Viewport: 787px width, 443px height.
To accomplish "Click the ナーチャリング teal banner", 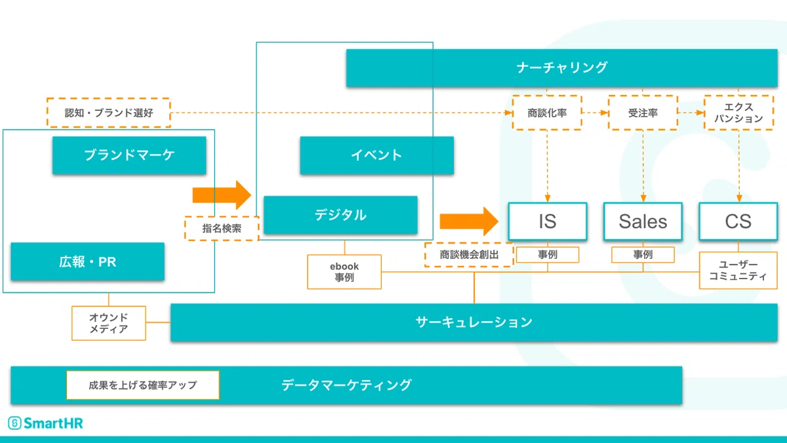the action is [561, 67].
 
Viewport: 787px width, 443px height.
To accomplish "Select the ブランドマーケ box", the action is [129, 155].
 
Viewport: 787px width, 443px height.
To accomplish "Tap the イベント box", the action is [376, 155].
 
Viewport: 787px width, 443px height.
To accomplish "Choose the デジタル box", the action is [340, 215].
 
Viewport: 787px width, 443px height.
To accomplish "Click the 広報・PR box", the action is [87, 261].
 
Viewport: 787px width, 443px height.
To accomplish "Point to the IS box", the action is [548, 221].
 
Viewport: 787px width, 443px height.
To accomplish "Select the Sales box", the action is [643, 221].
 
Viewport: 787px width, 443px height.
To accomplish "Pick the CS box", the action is [738, 221].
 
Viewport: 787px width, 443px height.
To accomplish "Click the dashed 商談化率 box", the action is [547, 113].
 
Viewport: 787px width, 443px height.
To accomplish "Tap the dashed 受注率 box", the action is [643, 113].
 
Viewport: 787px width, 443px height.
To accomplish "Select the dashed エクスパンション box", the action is [738, 113].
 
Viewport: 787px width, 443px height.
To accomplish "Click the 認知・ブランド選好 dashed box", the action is [109, 113].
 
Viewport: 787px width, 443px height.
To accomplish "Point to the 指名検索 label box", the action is [222, 229].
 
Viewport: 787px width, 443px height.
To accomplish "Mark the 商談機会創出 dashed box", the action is [469, 255].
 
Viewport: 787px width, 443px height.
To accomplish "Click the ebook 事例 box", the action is [344, 272].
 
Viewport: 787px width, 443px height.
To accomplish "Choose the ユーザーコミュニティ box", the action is [738, 270].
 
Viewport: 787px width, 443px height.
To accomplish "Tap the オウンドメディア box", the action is [109, 323].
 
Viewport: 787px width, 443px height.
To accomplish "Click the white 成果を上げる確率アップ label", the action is [143, 385].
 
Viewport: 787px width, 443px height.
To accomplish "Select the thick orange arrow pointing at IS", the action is [469, 221].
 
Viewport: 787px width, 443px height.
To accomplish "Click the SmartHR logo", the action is [45, 423].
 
